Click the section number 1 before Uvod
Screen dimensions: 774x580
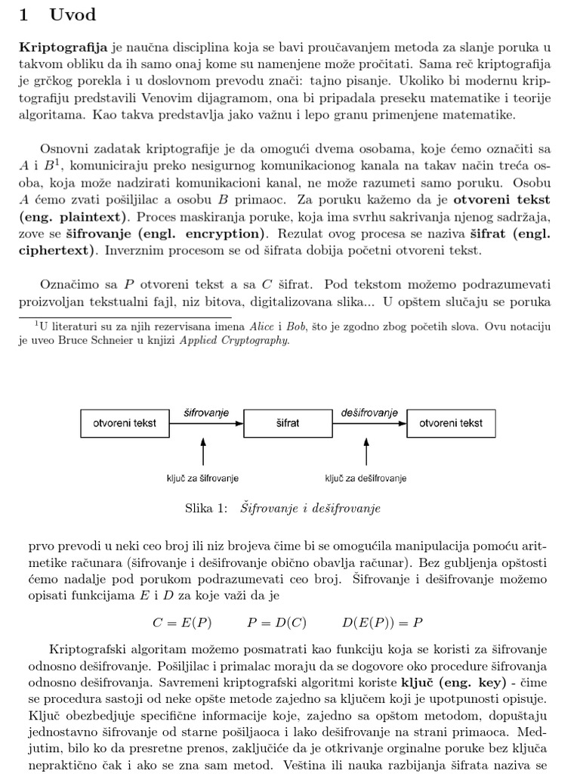[24, 14]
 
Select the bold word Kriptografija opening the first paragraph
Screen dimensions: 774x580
[63, 47]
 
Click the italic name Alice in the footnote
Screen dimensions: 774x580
[262, 327]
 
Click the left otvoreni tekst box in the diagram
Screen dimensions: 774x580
[125, 423]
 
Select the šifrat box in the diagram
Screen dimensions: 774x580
[288, 423]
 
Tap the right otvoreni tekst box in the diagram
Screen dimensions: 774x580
[451, 423]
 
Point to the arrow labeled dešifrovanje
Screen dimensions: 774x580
[369, 423]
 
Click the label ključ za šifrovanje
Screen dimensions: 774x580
[202, 478]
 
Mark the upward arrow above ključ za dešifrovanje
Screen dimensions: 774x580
[366, 454]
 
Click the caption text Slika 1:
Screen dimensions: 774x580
[205, 509]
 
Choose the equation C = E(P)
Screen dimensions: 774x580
[182, 623]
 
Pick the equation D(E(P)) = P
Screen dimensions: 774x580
[382, 623]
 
